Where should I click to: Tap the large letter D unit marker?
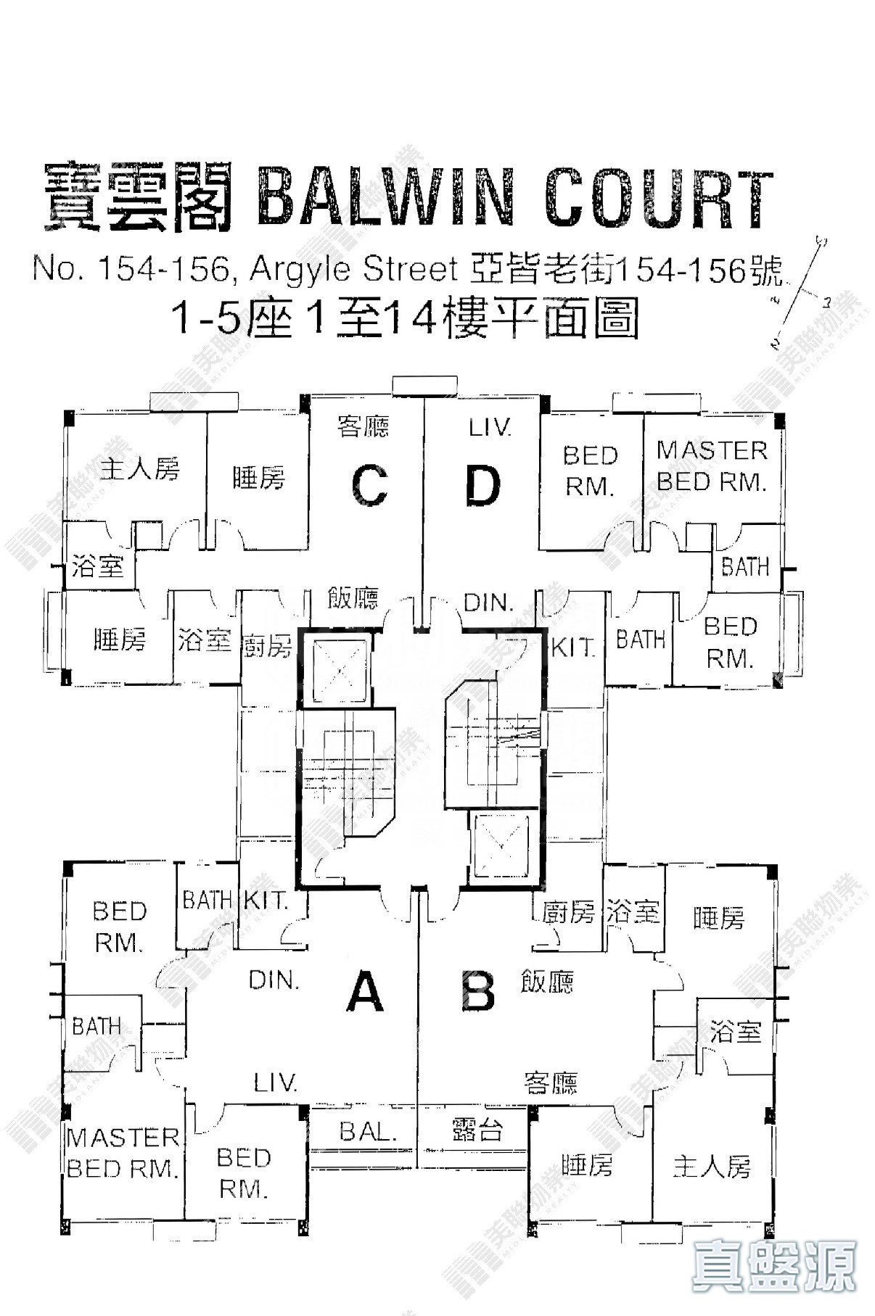click(x=483, y=487)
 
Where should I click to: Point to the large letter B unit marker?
click(x=479, y=993)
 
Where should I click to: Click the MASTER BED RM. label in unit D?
click(x=712, y=466)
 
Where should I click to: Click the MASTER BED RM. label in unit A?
click(x=123, y=1153)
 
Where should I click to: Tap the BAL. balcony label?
click(x=369, y=1132)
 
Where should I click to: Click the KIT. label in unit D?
click(x=573, y=647)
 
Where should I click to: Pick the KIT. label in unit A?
click(x=266, y=901)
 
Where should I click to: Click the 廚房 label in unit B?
click(x=569, y=912)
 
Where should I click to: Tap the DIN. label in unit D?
click(x=488, y=603)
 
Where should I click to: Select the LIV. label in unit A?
click(x=276, y=1083)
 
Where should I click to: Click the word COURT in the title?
click(x=657, y=197)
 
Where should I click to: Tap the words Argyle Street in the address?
click(x=353, y=271)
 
